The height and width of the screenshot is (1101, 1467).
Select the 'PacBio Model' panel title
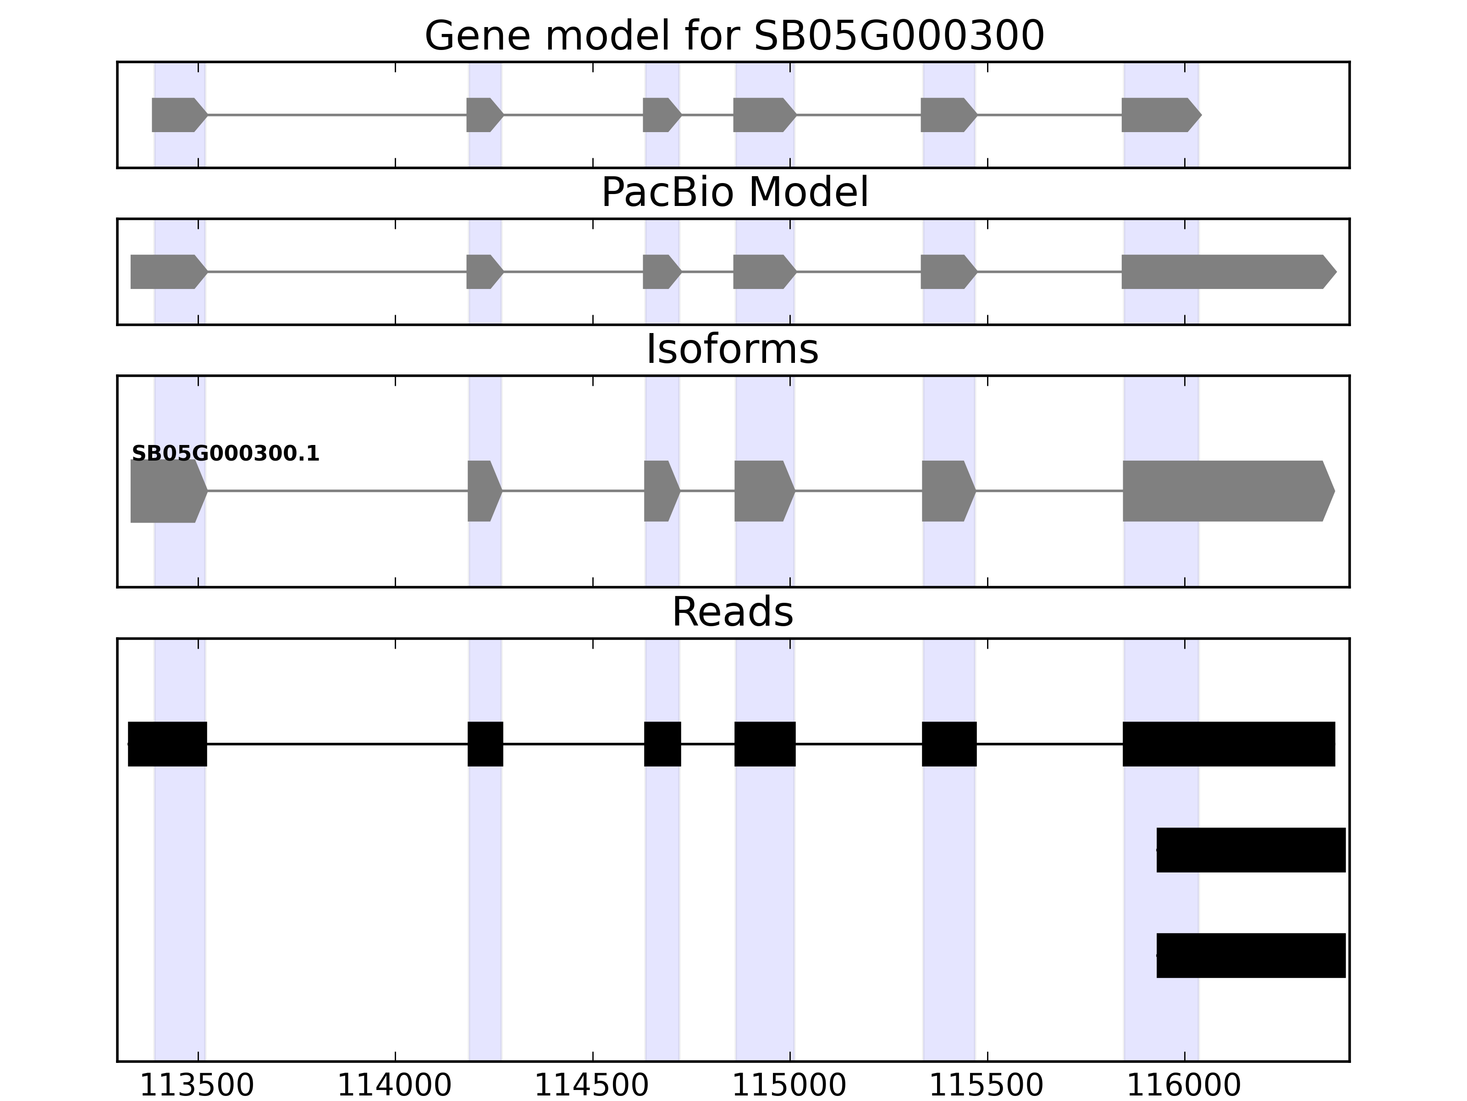tap(734, 193)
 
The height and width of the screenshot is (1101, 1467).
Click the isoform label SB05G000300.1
tap(226, 454)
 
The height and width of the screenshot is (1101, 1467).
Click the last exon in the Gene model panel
tap(1160, 115)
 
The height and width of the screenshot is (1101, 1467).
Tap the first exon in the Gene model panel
tap(178, 115)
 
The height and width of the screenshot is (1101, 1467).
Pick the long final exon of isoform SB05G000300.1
tap(1227, 491)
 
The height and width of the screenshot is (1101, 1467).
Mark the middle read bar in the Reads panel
tap(1251, 850)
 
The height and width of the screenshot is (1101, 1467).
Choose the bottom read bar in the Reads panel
tap(1251, 956)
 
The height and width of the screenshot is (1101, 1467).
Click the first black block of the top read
tap(167, 744)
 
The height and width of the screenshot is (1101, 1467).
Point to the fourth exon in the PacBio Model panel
tap(763, 272)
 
